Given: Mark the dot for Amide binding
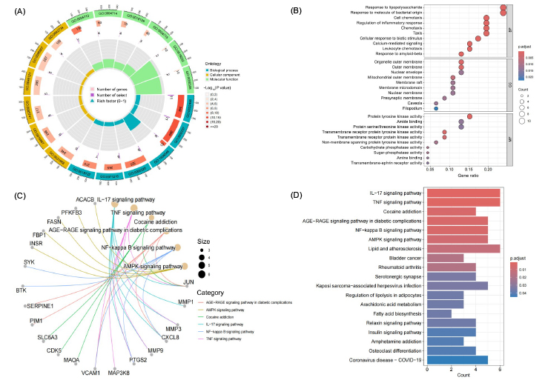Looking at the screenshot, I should (x=461, y=121).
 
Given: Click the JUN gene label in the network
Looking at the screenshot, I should (x=189, y=282).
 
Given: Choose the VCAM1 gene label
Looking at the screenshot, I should (x=90, y=373).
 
